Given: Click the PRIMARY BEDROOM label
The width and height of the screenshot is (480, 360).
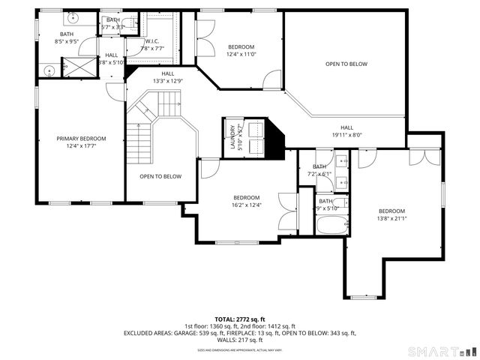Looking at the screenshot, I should [x=81, y=139].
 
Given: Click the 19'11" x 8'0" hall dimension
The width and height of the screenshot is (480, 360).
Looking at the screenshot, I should [x=346, y=135].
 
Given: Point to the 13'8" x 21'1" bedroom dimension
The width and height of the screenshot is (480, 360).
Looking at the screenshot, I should [x=391, y=219].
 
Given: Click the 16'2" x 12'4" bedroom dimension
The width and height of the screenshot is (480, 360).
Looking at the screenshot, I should [x=246, y=205].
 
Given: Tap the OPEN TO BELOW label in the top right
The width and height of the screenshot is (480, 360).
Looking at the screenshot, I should [x=346, y=64].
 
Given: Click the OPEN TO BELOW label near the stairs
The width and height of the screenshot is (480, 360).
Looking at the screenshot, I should [x=160, y=176].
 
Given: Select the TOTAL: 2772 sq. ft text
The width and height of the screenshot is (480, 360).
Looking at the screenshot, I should [x=239, y=319].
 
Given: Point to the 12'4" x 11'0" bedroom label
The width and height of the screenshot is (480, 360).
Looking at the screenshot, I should [x=241, y=49].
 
